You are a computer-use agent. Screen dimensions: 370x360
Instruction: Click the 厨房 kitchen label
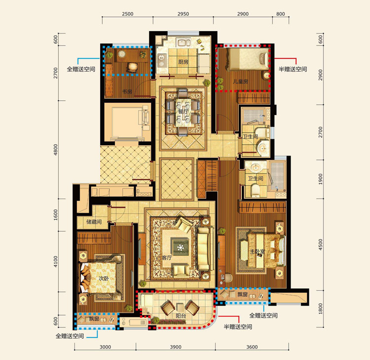tap(184, 62)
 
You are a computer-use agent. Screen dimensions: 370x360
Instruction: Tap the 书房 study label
tap(127, 91)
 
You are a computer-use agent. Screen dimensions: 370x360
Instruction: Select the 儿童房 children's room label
tap(240, 81)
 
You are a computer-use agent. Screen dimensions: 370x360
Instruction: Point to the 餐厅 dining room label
tap(183, 111)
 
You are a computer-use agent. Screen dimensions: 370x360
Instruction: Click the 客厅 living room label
tap(167, 257)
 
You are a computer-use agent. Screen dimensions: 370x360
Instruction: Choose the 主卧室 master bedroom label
tap(258, 251)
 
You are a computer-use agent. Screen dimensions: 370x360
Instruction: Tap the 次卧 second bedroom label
tap(104, 279)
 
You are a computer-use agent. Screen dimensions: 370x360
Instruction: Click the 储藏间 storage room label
tap(94, 222)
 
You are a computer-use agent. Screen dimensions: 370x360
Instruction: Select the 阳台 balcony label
tap(181, 316)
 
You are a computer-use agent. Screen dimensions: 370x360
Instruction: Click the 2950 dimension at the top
tap(183, 14)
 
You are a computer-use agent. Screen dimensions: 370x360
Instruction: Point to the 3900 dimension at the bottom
tap(176, 347)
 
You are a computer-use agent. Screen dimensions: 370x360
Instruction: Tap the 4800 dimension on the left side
tap(55, 150)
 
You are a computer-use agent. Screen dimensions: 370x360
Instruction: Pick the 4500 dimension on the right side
tap(320, 244)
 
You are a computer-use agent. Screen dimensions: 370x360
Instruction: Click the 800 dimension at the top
tap(281, 14)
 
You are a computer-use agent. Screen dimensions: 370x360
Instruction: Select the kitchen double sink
tap(184, 43)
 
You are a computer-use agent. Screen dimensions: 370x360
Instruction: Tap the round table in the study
tap(122, 54)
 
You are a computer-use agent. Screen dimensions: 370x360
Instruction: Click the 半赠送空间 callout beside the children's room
tap(293, 69)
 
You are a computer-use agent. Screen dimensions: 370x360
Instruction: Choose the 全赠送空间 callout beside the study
tap(81, 69)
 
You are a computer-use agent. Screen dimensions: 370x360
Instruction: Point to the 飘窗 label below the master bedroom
tap(242, 294)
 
